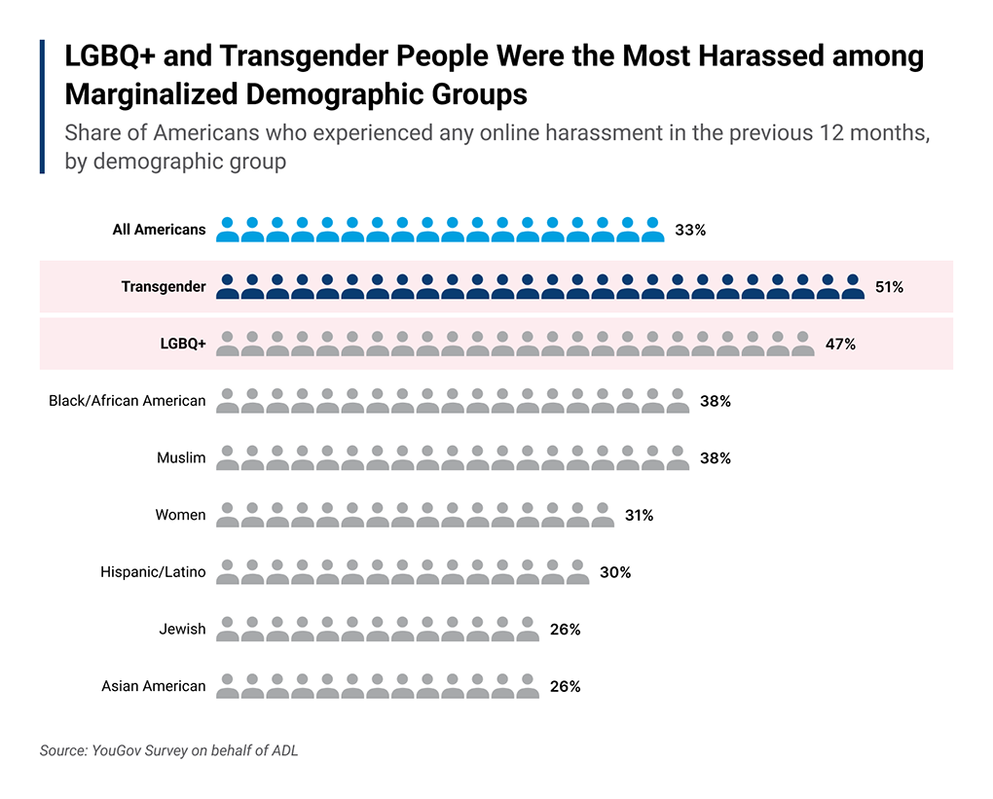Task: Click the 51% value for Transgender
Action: [889, 287]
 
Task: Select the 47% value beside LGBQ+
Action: [839, 344]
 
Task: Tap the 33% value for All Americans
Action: [689, 231]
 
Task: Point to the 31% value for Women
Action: [639, 515]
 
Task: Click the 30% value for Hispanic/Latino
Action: [614, 572]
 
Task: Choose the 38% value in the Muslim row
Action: [715, 457]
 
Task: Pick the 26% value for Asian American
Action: [565, 686]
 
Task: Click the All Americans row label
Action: [159, 230]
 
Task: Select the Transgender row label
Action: [164, 286]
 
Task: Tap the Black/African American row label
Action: [128, 400]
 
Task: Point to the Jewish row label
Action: [182, 629]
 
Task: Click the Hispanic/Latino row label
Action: [153, 571]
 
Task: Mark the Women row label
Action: [180, 514]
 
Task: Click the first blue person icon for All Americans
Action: [228, 230]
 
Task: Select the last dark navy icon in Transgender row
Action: [853, 286]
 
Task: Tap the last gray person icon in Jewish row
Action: [528, 629]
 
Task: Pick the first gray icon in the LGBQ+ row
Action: [228, 344]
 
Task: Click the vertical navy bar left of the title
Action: [43, 107]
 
